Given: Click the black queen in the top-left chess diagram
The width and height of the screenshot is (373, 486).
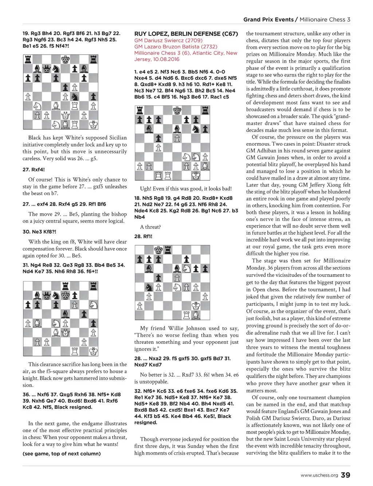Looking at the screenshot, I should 46,68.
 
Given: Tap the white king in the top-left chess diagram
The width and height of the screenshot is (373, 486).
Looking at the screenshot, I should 94,125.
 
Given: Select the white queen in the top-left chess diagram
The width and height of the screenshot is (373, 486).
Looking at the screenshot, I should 65,115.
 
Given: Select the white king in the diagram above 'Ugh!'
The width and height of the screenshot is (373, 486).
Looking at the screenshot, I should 196,176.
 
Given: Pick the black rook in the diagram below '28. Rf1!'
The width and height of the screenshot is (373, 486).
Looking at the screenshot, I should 168,250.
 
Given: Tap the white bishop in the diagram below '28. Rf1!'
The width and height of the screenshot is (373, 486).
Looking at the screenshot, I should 196,315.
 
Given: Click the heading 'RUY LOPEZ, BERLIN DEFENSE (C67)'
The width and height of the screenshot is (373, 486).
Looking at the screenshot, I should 186,34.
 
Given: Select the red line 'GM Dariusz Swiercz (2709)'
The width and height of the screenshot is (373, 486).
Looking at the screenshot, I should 168,40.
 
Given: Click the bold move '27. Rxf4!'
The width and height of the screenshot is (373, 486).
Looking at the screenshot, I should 34,170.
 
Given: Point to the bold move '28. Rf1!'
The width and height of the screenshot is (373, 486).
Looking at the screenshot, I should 143,236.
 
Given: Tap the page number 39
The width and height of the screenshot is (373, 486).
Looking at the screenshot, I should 346,475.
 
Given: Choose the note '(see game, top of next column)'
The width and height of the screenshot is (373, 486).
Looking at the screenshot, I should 62,454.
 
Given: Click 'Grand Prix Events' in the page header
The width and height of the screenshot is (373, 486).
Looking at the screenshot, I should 268,20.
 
